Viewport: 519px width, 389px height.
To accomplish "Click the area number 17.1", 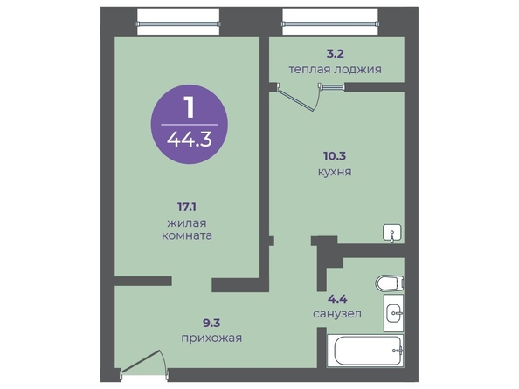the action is click(x=187, y=208).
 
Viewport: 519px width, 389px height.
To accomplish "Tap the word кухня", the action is click(x=335, y=172).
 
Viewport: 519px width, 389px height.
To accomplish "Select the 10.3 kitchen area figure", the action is click(x=335, y=155).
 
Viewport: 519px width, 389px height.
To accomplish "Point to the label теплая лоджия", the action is click(x=335, y=70).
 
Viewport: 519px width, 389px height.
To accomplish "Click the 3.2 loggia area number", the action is click(x=336, y=53).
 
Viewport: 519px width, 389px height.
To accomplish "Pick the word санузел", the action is click(x=337, y=313).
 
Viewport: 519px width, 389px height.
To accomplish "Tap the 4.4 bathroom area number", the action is click(x=337, y=299).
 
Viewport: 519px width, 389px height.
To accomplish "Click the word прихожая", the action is click(x=211, y=338).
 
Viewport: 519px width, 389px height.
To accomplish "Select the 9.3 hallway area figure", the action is click(x=211, y=323).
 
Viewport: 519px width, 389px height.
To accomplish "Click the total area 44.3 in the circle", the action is click(x=190, y=140).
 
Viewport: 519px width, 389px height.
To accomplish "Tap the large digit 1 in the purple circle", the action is click(x=190, y=106).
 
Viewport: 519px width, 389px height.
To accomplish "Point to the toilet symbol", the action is click(x=390, y=283).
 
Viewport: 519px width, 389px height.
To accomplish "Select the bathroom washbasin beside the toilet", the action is click(x=394, y=312).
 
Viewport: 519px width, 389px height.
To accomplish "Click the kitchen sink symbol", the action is click(x=392, y=234).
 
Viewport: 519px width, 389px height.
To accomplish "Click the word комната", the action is click(x=187, y=235).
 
